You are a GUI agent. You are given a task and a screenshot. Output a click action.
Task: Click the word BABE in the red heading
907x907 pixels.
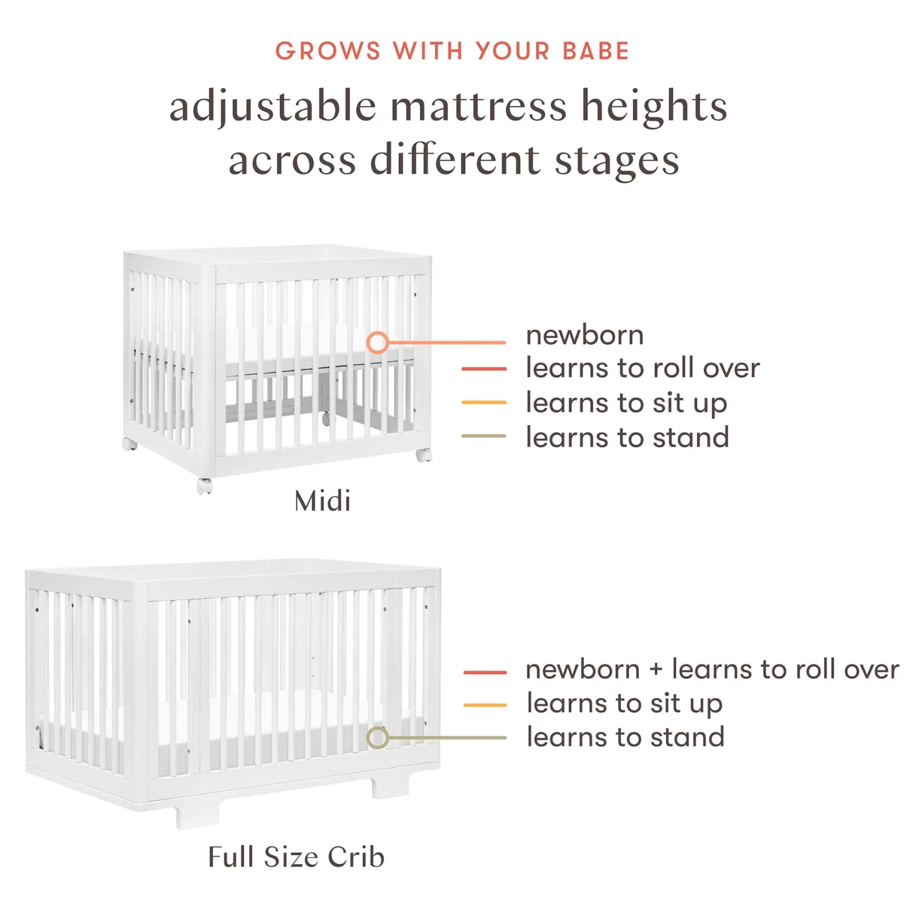[596, 51]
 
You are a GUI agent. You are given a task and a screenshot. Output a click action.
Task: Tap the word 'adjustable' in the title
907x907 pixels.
[273, 106]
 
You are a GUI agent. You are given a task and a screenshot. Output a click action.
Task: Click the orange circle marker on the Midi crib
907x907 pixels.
[378, 342]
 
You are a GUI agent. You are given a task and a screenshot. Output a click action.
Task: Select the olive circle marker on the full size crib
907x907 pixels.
[378, 737]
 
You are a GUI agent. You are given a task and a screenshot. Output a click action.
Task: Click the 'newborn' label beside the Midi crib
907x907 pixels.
[584, 335]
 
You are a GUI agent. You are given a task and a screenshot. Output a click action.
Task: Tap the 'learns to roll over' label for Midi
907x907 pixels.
[642, 368]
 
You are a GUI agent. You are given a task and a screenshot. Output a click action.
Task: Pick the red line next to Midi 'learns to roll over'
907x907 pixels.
[484, 368]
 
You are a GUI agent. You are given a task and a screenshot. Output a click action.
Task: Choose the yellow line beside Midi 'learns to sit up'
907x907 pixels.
[484, 402]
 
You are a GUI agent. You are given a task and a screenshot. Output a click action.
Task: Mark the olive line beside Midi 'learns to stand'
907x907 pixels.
[484, 436]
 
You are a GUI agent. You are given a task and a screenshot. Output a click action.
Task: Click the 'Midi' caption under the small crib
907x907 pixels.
[323, 501]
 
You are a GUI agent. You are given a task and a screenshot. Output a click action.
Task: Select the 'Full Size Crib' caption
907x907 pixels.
[296, 857]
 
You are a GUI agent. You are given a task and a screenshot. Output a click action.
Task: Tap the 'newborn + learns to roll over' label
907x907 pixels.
[712, 669]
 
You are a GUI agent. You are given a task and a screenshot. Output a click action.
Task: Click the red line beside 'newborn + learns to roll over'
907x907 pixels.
[485, 672]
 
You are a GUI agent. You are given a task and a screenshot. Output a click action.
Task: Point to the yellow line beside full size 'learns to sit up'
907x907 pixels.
[485, 704]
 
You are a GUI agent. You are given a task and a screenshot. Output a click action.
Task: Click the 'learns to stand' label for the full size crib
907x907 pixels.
[625, 737]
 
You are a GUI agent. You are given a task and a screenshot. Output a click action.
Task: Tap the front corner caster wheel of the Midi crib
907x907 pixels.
[205, 486]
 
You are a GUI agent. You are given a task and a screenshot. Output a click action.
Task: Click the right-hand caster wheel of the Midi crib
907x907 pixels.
[424, 455]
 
